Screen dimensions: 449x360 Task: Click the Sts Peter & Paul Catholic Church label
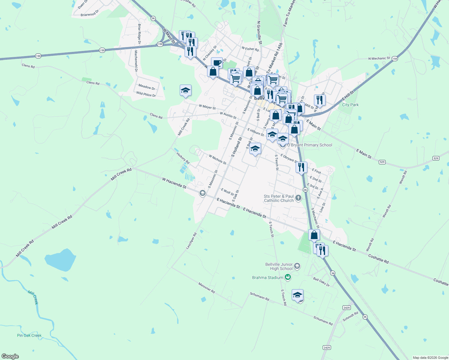pos(279,198)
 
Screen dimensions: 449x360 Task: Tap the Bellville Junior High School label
pos(279,266)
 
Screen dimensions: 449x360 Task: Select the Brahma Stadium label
pos(267,277)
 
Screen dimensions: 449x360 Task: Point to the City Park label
pos(350,105)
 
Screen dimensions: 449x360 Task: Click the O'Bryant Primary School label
pos(310,145)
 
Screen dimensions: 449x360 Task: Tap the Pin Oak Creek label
pos(29,335)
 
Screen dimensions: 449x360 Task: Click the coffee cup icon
pos(217,63)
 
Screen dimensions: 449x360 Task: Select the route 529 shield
pos(436,158)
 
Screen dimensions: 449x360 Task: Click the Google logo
pos(10,356)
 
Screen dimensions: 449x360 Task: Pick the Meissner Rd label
pos(206,287)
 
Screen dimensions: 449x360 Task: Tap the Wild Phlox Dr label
pos(146,94)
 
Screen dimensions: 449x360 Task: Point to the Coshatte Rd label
pos(378,259)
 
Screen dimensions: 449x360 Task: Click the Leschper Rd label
pos(191,241)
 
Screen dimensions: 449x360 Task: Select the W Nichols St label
pos(218,159)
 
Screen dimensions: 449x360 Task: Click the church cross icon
pos(298,198)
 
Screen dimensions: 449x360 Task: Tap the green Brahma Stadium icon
pos(288,277)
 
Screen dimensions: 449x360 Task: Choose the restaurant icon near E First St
pos(301,167)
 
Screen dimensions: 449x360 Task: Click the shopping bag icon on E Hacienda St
pos(314,235)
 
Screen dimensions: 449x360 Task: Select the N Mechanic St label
pos(379,58)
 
